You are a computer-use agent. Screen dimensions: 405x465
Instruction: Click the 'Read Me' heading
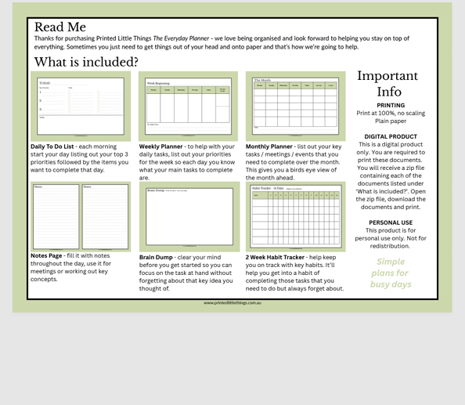(59, 27)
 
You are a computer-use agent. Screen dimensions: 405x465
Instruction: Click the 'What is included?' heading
(85, 63)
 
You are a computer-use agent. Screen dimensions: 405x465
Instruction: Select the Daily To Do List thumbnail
(81, 106)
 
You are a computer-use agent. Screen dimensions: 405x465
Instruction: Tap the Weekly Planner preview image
(188, 107)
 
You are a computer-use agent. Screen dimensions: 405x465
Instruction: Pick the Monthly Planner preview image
(295, 106)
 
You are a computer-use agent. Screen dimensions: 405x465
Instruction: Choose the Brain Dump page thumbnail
(189, 217)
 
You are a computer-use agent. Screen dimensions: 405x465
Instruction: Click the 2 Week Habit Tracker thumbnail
(295, 217)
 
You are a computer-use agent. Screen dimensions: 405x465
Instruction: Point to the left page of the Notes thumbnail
(56, 216)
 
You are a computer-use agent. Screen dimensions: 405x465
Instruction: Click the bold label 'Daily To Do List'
(52, 146)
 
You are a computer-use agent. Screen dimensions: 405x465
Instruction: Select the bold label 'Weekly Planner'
(160, 146)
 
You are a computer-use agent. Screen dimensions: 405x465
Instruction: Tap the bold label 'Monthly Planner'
(269, 146)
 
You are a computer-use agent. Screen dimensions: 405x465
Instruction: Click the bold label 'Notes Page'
(46, 256)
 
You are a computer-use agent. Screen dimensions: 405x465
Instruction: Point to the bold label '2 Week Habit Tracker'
(275, 257)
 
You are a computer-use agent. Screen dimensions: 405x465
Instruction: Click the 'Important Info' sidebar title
(387, 84)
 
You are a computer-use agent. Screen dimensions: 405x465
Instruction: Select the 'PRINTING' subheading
(391, 106)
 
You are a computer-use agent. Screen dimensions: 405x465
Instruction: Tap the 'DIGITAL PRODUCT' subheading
(391, 137)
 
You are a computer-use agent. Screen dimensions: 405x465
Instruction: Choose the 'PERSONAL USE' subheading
(391, 222)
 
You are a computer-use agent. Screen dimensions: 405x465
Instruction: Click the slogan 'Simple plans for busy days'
(391, 273)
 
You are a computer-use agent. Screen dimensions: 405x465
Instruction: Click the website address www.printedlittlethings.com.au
(232, 303)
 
